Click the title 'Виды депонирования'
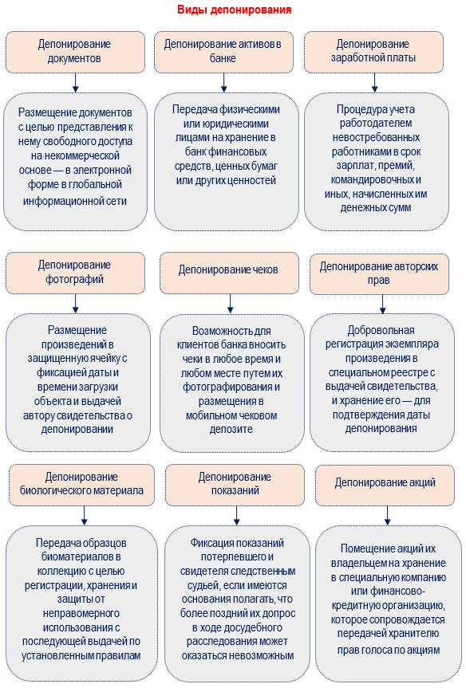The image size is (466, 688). coord(233,10)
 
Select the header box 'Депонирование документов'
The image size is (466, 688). coord(75,52)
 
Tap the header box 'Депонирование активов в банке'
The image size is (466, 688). coord(223,52)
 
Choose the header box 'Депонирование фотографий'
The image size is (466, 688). coord(75,272)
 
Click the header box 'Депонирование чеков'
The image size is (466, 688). coord(228,270)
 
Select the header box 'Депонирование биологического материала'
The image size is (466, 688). coord(81,484)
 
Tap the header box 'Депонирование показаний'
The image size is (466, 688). coord(235,484)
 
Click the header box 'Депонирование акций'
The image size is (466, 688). coord(385,482)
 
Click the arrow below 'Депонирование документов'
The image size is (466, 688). coord(75,82)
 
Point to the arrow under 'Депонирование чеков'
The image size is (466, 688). coord(230,303)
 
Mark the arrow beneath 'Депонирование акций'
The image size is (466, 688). coord(385,516)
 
